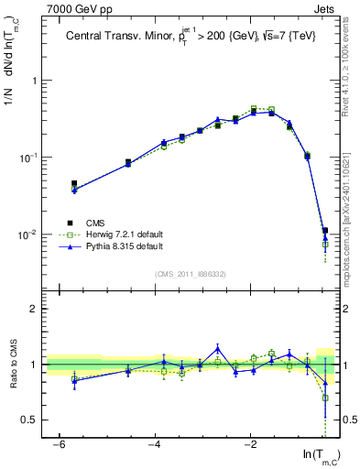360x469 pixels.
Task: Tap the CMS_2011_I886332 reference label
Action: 192,274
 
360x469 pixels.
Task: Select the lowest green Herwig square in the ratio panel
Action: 325,398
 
